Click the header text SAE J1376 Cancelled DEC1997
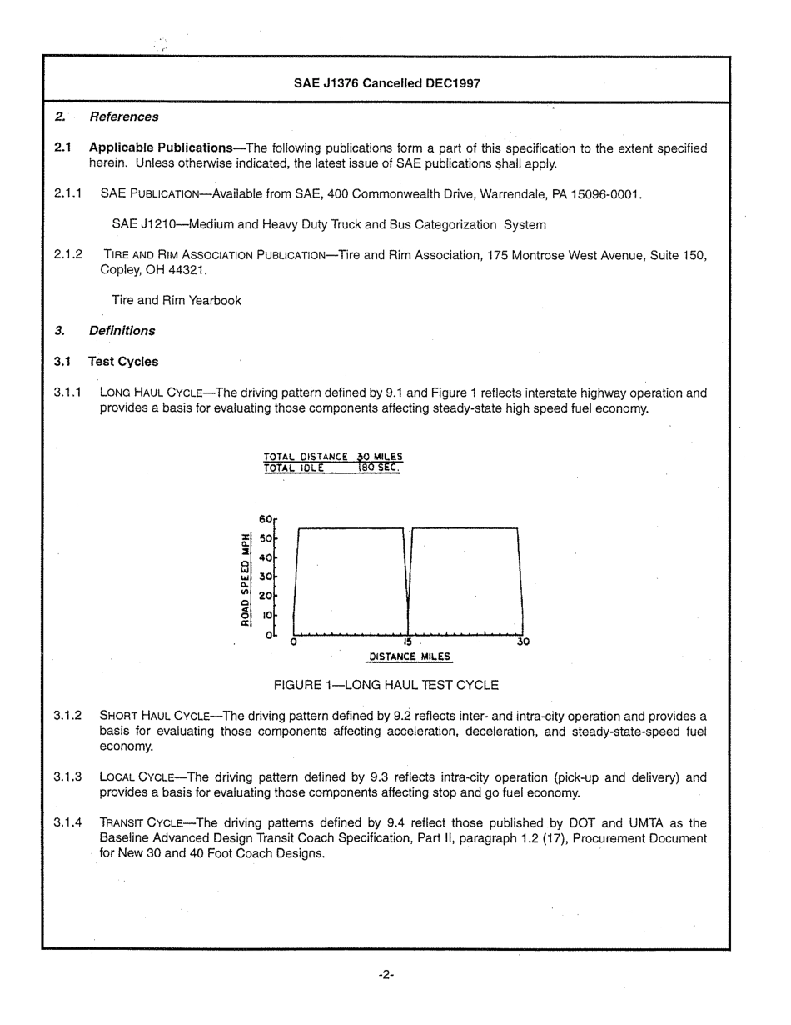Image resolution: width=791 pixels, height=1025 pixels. (386, 83)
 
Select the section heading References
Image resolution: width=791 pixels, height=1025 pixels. (123, 117)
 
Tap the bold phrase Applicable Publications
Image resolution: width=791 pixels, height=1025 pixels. (160, 148)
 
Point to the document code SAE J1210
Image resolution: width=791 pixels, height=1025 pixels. (144, 225)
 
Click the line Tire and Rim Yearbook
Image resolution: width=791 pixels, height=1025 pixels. (177, 300)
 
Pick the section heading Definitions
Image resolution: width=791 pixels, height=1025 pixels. (122, 331)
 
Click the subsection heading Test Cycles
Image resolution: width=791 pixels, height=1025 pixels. (123, 362)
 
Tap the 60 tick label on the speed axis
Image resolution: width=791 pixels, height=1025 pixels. (266, 519)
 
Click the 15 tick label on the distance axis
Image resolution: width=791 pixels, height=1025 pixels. (407, 642)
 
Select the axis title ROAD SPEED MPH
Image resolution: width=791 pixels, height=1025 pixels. (245, 579)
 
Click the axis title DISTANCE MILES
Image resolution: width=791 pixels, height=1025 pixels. (410, 657)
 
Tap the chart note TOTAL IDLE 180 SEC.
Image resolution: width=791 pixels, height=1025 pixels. (332, 468)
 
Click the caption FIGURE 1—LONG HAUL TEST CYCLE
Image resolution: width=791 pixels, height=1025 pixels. (386, 685)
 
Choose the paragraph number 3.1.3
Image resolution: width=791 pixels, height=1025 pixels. (67, 777)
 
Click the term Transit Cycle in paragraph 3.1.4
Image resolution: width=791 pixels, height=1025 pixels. (137, 823)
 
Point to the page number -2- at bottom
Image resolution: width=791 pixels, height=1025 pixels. (386, 974)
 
